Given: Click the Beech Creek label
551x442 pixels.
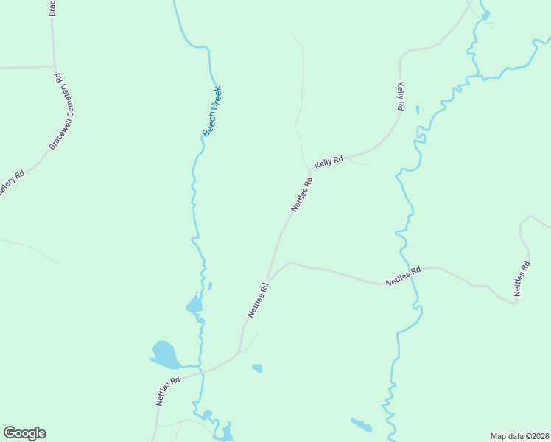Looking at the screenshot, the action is pos(212,110).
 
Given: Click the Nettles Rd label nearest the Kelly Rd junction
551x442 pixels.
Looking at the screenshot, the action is pos(302,194).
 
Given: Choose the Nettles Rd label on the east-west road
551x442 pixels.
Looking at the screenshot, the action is pos(403,276).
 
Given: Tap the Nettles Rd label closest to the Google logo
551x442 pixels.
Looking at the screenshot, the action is pos(168,391).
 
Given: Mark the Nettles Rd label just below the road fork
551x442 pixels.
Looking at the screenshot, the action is pos(257,301).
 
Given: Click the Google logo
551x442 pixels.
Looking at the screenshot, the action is pos(24,433).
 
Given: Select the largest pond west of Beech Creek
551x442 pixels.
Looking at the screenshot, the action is pos(165,354).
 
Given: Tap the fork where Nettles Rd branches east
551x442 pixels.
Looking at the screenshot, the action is pos(270,281).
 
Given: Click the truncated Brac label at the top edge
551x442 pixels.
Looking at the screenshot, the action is pos(52,7).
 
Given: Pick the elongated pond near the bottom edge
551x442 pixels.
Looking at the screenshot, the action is pos(361,424).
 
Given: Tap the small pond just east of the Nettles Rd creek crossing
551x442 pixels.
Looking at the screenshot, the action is pos(257,368).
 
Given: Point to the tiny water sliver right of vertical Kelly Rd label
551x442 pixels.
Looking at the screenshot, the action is pos(417,110).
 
